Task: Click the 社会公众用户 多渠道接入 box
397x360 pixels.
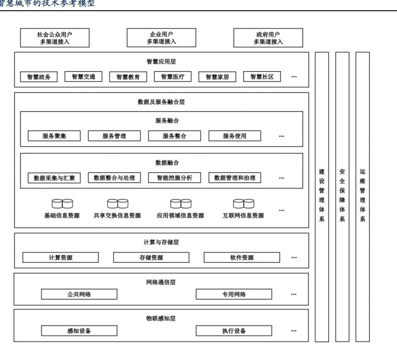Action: (54, 38)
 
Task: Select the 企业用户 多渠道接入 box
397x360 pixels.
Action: (161, 38)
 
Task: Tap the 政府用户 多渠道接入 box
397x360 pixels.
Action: (268, 38)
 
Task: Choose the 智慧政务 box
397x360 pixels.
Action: (39, 77)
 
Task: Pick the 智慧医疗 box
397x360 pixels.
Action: (173, 77)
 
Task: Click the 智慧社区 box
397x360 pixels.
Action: (262, 77)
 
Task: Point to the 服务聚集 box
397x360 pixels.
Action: (54, 136)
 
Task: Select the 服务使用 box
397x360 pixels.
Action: (235, 136)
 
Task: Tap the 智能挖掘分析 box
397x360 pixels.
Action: (174, 178)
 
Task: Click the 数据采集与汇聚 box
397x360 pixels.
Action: (54, 178)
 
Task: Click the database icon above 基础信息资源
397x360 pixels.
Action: (62, 203)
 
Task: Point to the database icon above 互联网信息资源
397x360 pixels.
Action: (244, 203)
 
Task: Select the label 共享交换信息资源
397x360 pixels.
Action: (117, 216)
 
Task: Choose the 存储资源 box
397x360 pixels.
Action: (151, 257)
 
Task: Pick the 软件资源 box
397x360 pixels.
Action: (242, 257)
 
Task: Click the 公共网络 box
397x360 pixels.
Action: (79, 294)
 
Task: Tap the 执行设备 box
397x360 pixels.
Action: (234, 331)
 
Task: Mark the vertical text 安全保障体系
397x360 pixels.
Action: (342, 195)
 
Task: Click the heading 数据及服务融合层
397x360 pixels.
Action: (161, 102)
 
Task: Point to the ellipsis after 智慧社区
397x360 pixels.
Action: (294, 77)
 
